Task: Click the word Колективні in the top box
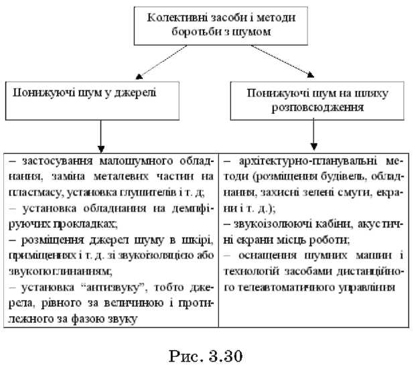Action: (x=174, y=16)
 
